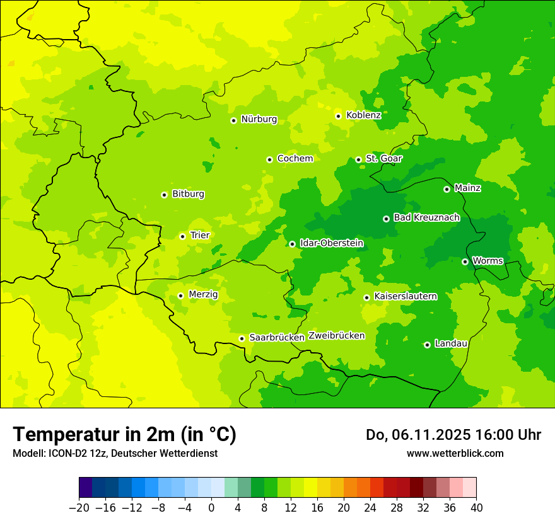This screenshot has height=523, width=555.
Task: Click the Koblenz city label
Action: pos(363,115)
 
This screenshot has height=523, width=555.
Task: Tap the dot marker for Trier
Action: pos(182,236)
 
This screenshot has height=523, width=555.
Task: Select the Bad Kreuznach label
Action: pos(426,217)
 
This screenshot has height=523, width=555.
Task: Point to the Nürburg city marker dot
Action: pos(233,120)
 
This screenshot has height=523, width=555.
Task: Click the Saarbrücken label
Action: pos(277,337)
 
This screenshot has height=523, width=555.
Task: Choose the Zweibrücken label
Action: pos(336,335)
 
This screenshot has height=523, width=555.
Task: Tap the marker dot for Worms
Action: pos(465,261)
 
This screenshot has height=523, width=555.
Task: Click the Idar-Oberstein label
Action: pos(332,243)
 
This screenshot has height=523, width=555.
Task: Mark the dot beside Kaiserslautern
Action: pos(366,297)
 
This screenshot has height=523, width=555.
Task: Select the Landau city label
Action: pos(451,343)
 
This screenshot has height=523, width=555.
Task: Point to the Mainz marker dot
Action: pos(447,189)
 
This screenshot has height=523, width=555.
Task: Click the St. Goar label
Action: pos(383,158)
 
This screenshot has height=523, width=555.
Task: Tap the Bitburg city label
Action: pos(188,193)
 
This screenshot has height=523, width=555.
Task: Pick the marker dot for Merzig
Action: pos(180,296)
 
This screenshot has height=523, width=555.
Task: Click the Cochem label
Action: pos(295,158)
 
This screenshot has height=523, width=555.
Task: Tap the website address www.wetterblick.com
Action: pos(455,453)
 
